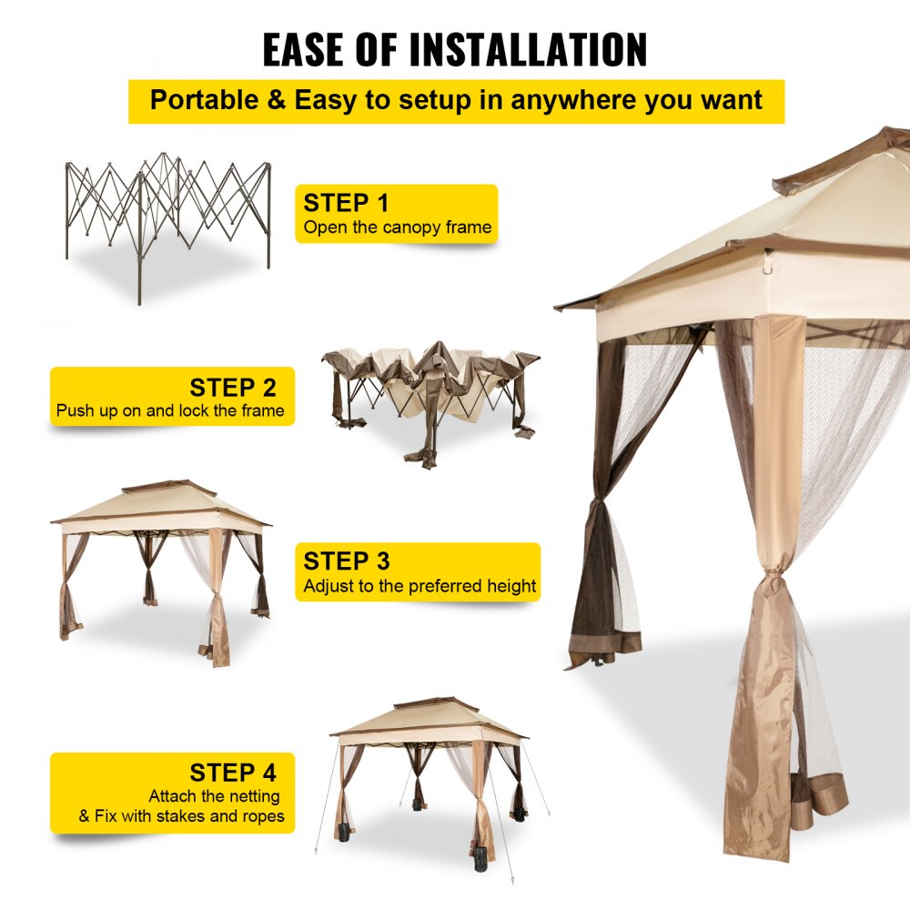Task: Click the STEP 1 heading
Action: point(346,203)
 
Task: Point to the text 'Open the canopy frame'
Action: point(397,227)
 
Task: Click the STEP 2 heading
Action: point(232,388)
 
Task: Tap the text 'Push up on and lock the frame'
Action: point(170,411)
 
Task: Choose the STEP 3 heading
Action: point(346,561)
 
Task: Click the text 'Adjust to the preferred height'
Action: point(420,586)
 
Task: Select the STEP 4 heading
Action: point(232,773)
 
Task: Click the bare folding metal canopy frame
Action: point(168,218)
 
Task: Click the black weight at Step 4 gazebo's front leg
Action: point(480,854)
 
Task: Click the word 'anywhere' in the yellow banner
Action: point(573,100)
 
